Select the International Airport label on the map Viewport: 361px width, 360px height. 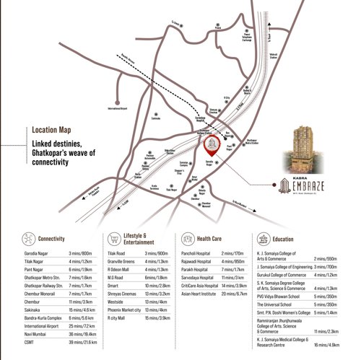(x=121, y=108)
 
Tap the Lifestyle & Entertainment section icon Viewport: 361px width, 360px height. (x=113, y=239)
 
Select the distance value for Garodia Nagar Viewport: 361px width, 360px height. (x=82, y=254)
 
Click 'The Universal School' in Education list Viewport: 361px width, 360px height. (x=277, y=304)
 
